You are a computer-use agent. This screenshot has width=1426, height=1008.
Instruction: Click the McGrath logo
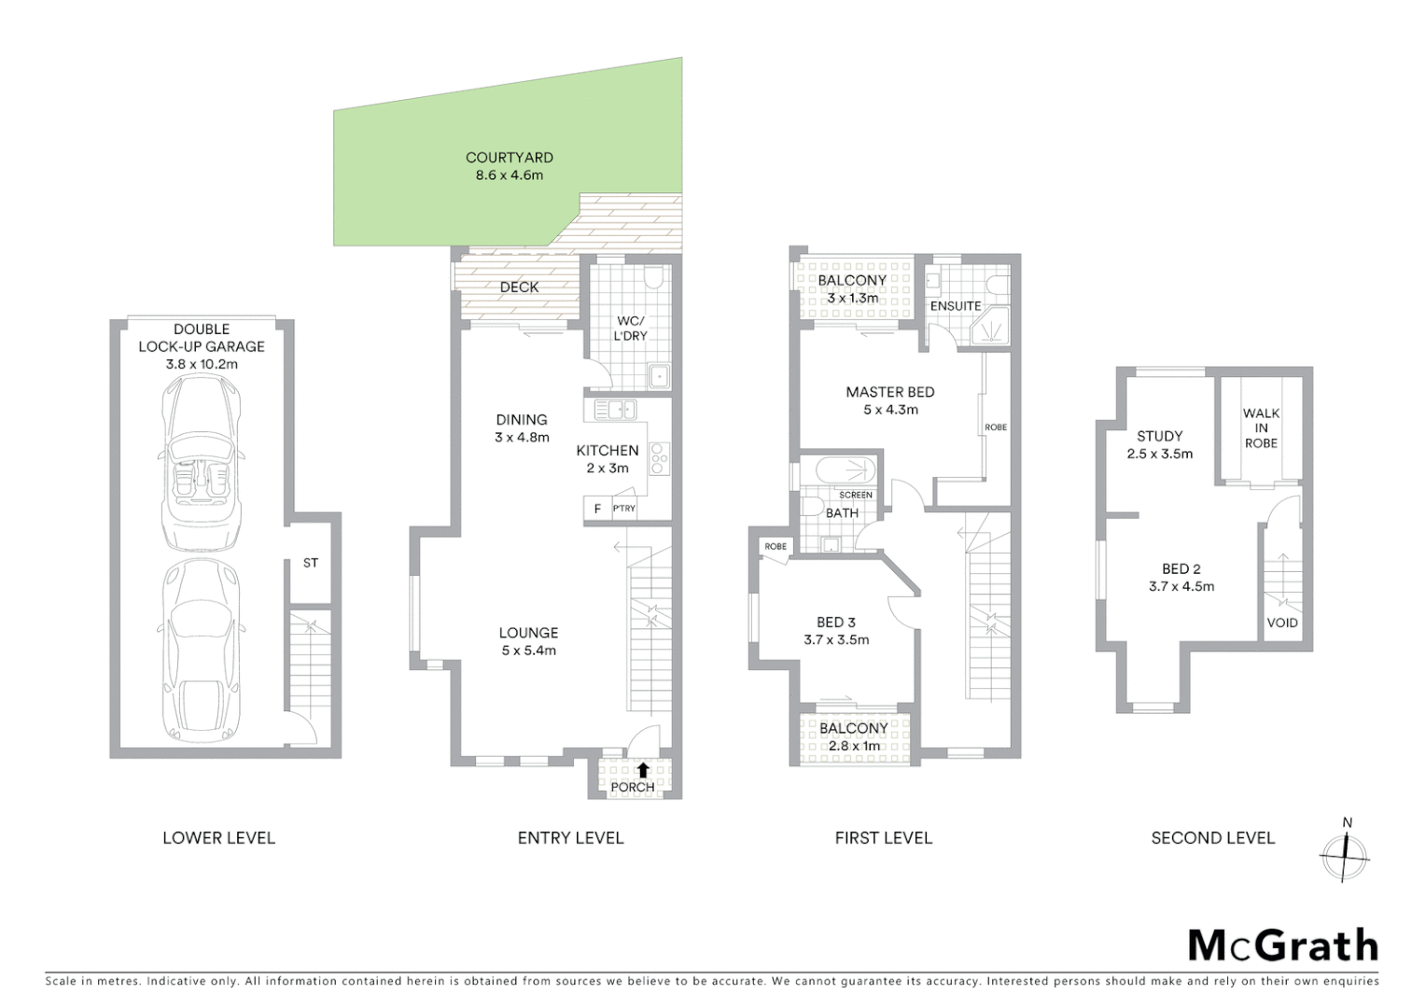1282,945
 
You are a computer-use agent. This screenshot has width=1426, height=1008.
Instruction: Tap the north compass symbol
1344,853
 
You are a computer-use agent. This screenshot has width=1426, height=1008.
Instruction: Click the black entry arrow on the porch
643,770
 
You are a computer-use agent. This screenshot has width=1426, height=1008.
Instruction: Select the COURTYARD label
510,158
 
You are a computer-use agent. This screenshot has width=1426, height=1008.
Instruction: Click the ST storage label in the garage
311,563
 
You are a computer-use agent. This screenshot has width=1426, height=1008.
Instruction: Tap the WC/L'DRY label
630,329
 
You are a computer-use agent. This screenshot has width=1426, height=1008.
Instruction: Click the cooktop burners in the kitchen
659,458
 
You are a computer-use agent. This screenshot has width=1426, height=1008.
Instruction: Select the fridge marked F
597,509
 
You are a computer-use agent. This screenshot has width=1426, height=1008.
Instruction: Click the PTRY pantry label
624,509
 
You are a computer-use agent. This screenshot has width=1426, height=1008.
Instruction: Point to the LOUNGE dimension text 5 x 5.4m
528,651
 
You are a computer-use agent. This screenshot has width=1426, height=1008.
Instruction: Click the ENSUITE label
956,306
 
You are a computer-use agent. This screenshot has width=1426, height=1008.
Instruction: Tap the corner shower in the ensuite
987,328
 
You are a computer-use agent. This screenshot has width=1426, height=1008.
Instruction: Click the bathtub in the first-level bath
846,469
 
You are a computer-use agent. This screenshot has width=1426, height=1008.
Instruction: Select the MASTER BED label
890,392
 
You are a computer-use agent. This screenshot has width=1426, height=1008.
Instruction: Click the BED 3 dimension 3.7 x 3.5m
836,640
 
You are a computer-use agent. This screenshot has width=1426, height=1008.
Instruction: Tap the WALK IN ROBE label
1261,427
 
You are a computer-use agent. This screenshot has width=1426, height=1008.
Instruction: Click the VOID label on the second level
1282,623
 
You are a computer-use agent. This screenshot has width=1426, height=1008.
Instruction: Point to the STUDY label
1160,436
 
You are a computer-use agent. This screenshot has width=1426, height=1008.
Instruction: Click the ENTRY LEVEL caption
570,838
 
